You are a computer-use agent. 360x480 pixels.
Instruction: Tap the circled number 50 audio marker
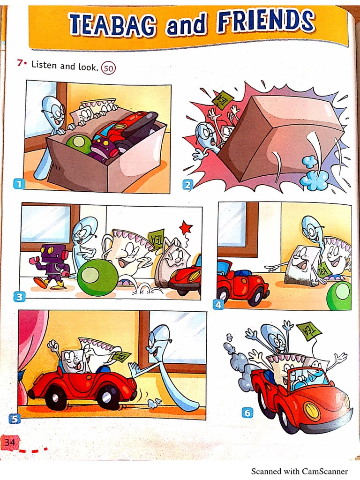pyautogui.click(x=109, y=68)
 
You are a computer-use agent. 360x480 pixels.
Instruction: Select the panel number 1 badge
pyautogui.click(x=18, y=184)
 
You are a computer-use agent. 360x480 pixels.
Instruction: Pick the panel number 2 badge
pyautogui.click(x=188, y=185)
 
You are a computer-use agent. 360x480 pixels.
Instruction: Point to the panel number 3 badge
pyautogui.click(x=19, y=296)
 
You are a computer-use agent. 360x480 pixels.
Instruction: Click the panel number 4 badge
pyautogui.click(x=218, y=304)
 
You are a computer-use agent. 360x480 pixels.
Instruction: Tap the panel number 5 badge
pyautogui.click(x=15, y=419)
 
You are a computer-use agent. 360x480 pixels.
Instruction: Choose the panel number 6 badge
pyautogui.click(x=247, y=412)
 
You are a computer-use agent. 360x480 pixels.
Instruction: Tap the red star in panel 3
pyautogui.click(x=186, y=228)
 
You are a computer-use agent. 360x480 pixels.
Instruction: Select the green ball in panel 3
pyautogui.click(x=97, y=277)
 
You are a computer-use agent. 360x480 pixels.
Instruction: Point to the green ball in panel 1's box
pyautogui.click(x=78, y=143)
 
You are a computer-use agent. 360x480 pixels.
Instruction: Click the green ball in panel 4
pyautogui.click(x=339, y=295)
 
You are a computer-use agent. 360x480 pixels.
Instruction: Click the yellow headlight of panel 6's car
pyautogui.click(x=311, y=411)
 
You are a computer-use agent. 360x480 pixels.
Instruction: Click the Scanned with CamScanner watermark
pyautogui.click(x=300, y=471)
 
